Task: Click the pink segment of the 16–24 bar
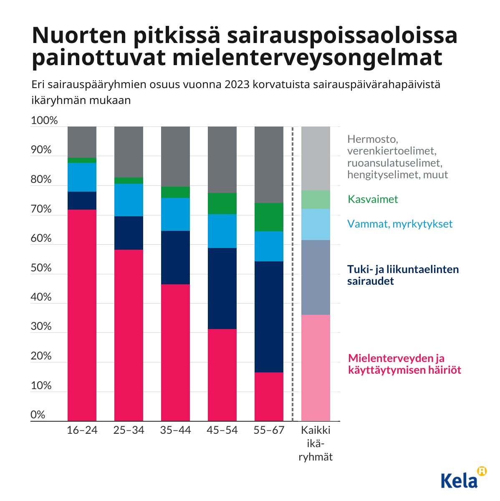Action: [82, 315]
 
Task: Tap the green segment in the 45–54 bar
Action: [222, 203]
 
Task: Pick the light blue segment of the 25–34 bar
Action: [129, 200]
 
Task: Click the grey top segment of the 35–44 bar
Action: [175, 156]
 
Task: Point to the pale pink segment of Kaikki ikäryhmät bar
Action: [316, 367]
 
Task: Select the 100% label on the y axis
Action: [44, 121]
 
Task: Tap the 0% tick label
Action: [38, 415]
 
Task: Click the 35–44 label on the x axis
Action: [175, 430]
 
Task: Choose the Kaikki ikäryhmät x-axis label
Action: [316, 443]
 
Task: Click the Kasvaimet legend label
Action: [373, 199]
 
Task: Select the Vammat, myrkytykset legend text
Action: [399, 224]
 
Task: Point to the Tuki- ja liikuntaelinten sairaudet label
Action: [403, 275]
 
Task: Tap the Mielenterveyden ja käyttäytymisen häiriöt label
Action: [404, 364]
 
